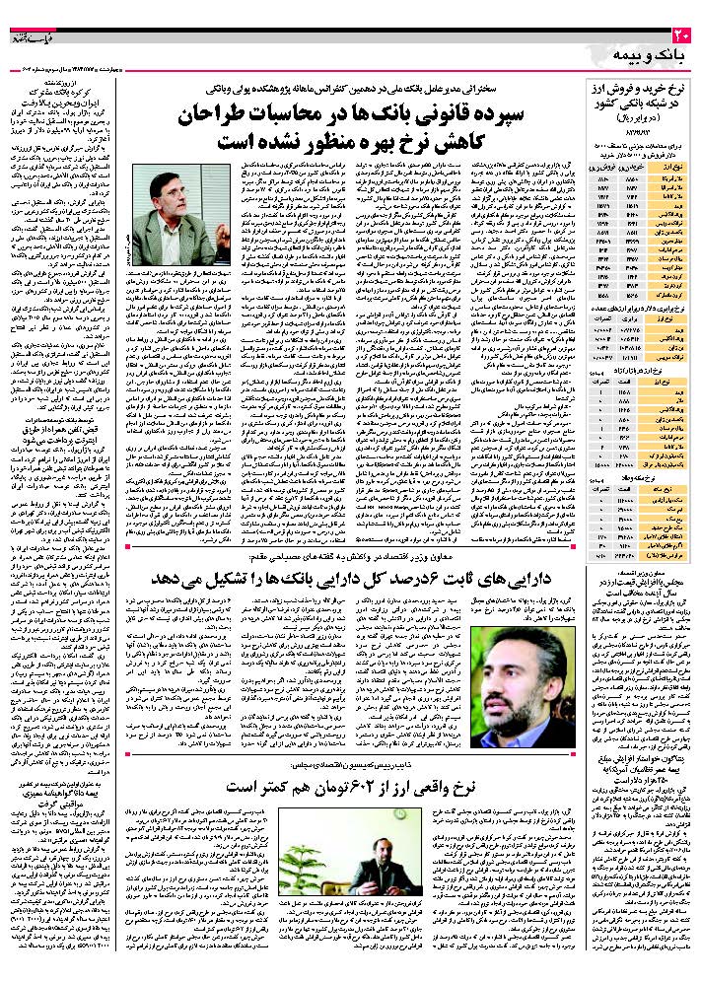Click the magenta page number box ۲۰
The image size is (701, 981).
tap(686, 37)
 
